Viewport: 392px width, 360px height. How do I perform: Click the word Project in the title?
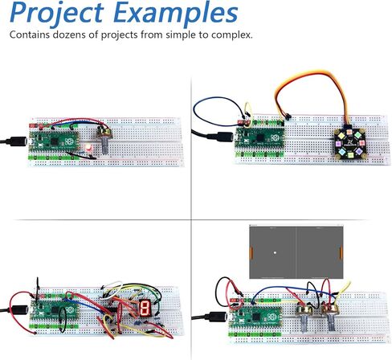pos(56,13)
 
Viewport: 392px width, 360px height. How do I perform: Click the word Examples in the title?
pos(176,12)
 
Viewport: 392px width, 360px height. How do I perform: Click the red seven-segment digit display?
pos(145,308)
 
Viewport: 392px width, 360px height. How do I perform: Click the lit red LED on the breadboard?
pos(88,148)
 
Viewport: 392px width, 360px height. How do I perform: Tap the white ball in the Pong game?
pos(275,252)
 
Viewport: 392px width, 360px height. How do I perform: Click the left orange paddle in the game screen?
pos(251,253)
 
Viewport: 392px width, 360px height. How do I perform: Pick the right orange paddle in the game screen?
pos(341,253)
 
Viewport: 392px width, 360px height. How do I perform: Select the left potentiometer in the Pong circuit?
pos(305,316)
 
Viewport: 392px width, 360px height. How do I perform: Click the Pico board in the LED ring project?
pos(259,137)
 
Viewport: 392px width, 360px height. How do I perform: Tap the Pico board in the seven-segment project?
pos(55,310)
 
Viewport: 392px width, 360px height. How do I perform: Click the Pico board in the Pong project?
pos(255,317)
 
